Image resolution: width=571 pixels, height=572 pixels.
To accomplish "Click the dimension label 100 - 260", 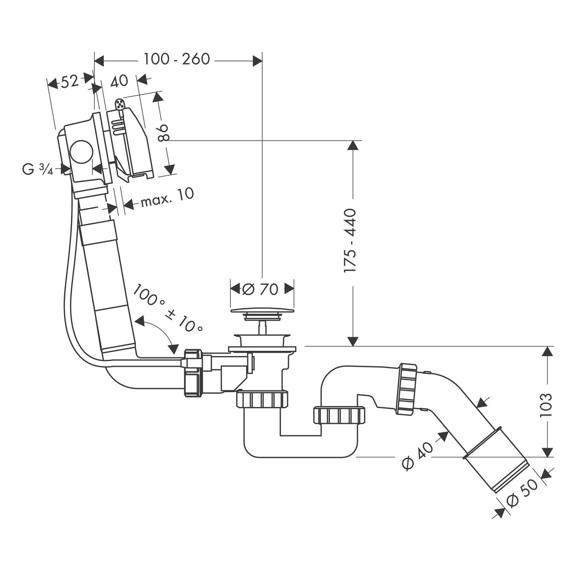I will point(177,59).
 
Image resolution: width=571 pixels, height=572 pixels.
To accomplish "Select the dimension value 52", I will point(70,81).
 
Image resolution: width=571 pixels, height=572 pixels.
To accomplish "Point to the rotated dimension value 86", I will point(163,133).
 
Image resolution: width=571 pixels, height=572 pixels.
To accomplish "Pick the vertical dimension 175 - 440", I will point(350,240).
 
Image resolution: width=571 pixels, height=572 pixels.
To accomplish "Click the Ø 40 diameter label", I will point(417,457).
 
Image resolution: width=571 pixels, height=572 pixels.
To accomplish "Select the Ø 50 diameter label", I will point(522,493).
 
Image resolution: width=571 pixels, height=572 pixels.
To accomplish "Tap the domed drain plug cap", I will point(262,311).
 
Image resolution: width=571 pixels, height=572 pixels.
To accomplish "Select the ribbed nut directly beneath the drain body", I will point(262,400).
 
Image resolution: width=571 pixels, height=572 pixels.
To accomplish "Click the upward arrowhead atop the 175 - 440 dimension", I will point(353,146).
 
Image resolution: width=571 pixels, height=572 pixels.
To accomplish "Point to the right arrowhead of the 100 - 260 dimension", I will point(257,60).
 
